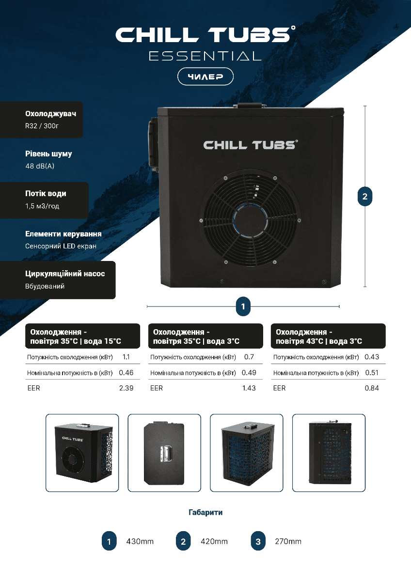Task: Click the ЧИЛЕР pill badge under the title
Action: click(x=205, y=76)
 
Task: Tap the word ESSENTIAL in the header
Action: click(x=205, y=56)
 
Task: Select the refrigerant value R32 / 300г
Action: click(x=42, y=126)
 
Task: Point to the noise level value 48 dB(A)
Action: click(x=40, y=166)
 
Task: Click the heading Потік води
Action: click(x=46, y=194)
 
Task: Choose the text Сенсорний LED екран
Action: click(x=61, y=246)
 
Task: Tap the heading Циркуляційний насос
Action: click(x=65, y=274)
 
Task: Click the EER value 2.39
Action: click(x=126, y=388)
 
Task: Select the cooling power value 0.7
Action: click(x=249, y=357)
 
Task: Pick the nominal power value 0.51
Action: click(x=372, y=373)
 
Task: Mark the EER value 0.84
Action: click(x=372, y=388)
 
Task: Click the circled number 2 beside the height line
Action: click(x=365, y=197)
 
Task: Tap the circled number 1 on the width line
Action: click(x=243, y=306)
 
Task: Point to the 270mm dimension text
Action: click(x=288, y=541)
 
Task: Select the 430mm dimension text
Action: click(x=140, y=541)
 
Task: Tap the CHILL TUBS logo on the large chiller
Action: click(x=251, y=145)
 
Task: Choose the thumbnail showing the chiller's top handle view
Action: click(x=164, y=453)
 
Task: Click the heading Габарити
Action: click(x=205, y=512)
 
